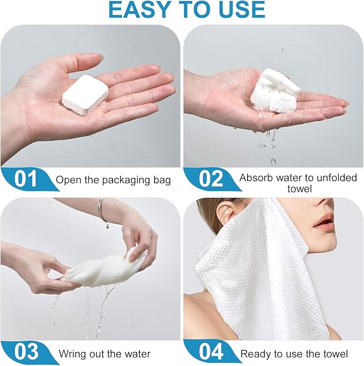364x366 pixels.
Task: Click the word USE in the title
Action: click(x=242, y=9)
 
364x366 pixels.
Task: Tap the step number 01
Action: click(x=26, y=179)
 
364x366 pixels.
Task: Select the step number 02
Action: click(x=211, y=178)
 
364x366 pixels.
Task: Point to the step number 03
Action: click(x=26, y=352)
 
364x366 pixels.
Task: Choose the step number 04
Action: click(x=211, y=352)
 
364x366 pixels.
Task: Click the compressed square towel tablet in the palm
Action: click(x=85, y=94)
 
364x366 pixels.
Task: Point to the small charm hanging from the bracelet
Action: click(x=107, y=226)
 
